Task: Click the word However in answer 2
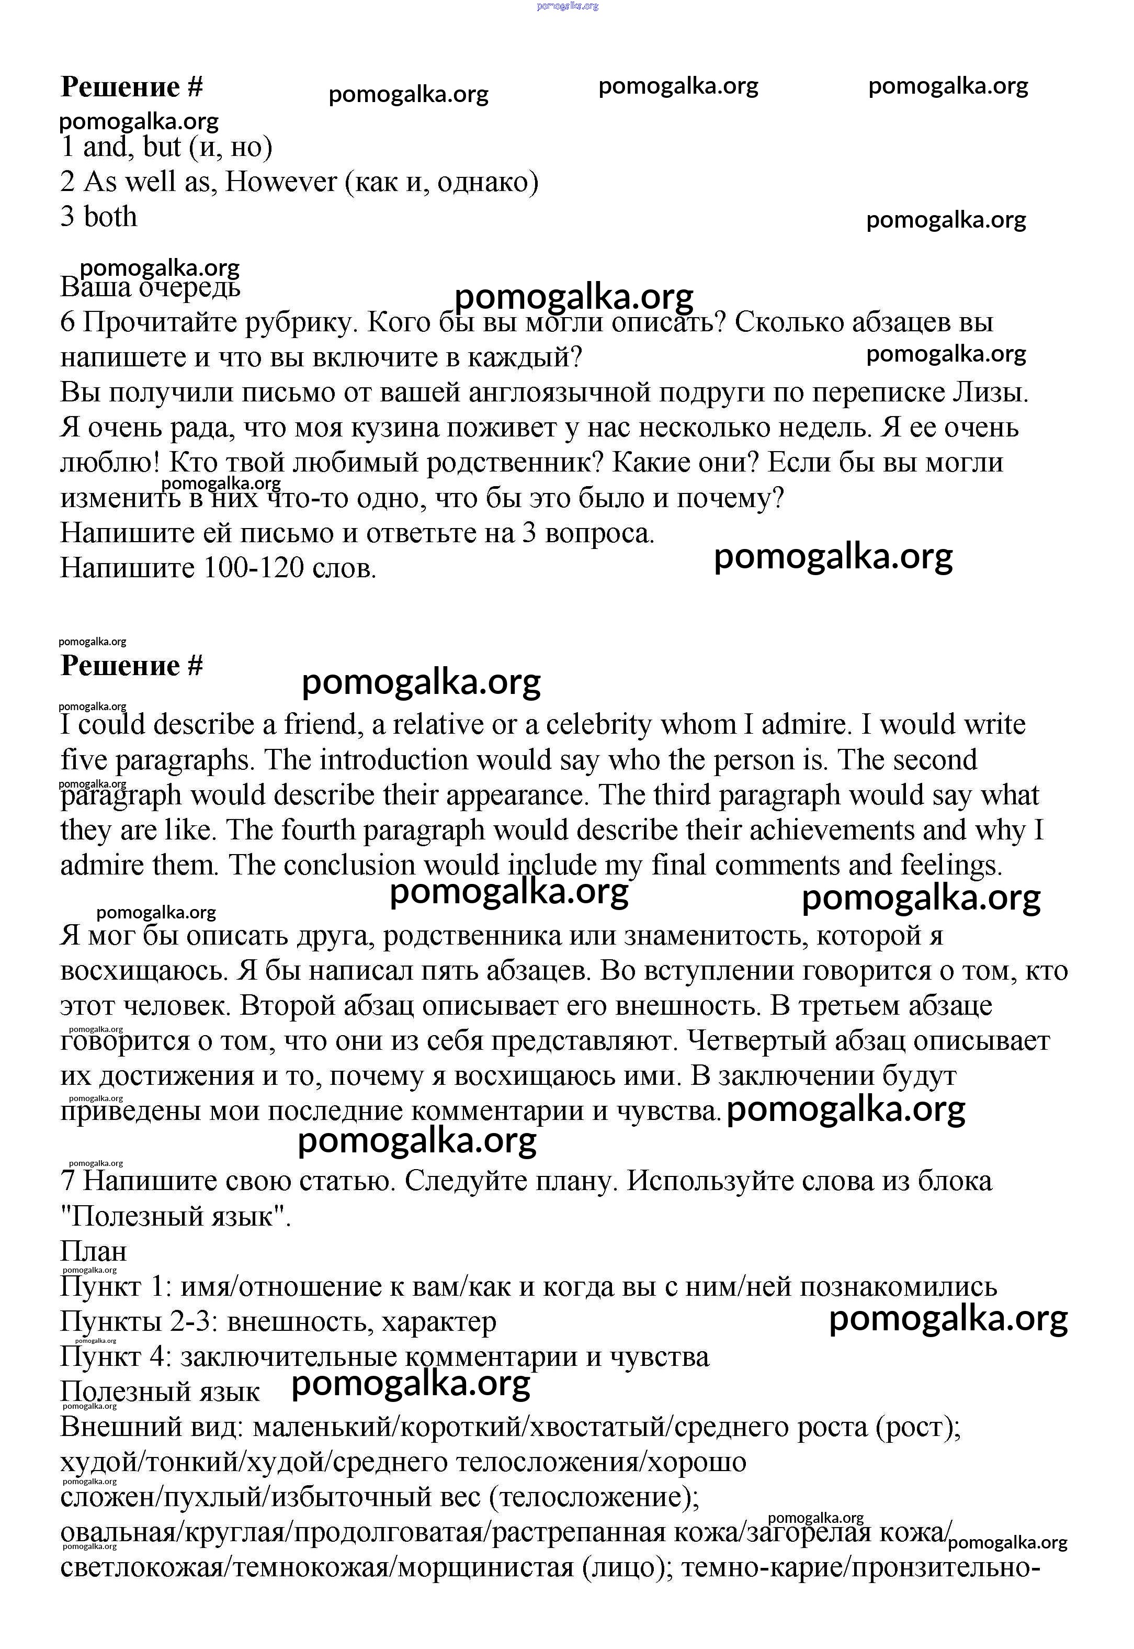(x=281, y=183)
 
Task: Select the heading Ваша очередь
(x=150, y=288)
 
